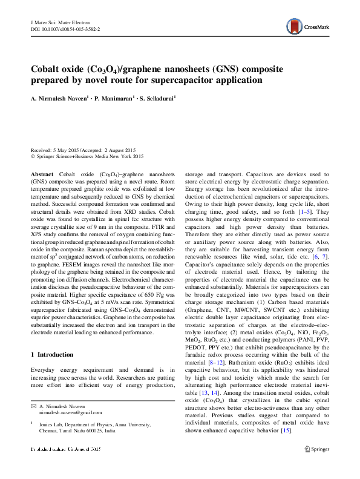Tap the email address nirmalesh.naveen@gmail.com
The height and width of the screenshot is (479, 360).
point(67,412)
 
